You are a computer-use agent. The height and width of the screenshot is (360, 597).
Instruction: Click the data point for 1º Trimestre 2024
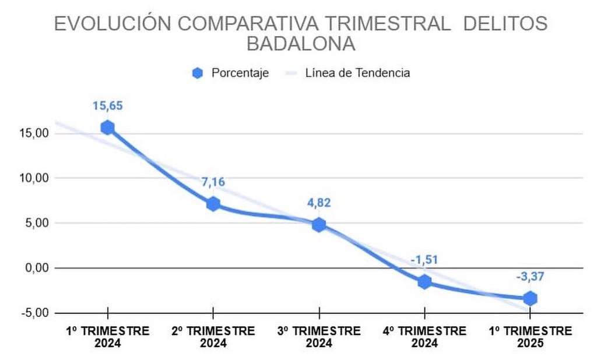[x=107, y=128]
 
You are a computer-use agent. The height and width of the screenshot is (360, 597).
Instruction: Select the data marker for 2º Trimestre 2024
[x=213, y=204]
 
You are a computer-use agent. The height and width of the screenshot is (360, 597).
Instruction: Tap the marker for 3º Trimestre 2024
[x=319, y=225]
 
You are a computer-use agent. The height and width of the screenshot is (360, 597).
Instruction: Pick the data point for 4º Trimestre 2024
[x=424, y=282]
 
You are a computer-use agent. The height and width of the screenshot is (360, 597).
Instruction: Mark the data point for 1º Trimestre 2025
[x=530, y=298]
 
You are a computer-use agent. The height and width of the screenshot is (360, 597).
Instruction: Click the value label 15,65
[x=107, y=106]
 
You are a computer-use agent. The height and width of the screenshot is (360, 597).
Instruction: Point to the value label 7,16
[x=213, y=182]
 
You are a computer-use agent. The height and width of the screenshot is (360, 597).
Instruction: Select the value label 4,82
[x=319, y=203]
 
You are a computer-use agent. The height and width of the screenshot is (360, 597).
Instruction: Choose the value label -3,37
[x=530, y=277]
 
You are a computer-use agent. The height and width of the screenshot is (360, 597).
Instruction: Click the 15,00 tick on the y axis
[x=33, y=133]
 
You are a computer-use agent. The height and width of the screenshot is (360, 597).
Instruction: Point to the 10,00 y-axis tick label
[x=33, y=178]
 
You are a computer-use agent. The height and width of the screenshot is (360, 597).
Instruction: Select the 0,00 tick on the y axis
[x=34, y=268]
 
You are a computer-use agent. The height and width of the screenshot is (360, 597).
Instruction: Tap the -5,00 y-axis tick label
[x=33, y=313]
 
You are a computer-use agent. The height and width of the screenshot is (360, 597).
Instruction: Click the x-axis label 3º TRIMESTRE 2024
[x=319, y=337]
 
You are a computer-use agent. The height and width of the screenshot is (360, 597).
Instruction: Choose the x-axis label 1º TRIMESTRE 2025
[x=530, y=337]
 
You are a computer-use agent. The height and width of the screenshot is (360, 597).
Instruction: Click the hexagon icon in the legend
[x=198, y=73]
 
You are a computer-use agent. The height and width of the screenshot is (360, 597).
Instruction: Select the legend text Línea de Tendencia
[x=357, y=73]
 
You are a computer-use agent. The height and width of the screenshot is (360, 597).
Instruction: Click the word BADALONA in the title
[x=301, y=44]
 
